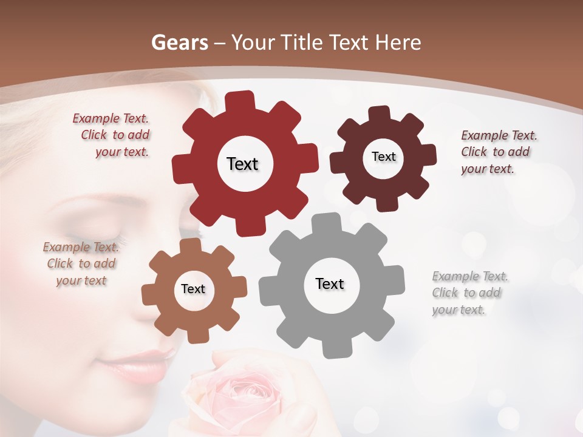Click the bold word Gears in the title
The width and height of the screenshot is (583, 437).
click(x=179, y=42)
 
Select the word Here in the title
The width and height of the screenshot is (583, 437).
click(x=398, y=42)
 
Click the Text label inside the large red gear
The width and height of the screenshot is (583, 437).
click(x=242, y=164)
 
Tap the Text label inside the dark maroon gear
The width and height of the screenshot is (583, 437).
click(x=383, y=157)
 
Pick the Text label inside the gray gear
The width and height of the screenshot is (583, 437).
click(x=330, y=283)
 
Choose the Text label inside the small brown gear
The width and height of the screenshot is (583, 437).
click(x=193, y=289)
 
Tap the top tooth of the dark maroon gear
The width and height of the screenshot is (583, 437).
click(x=380, y=113)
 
